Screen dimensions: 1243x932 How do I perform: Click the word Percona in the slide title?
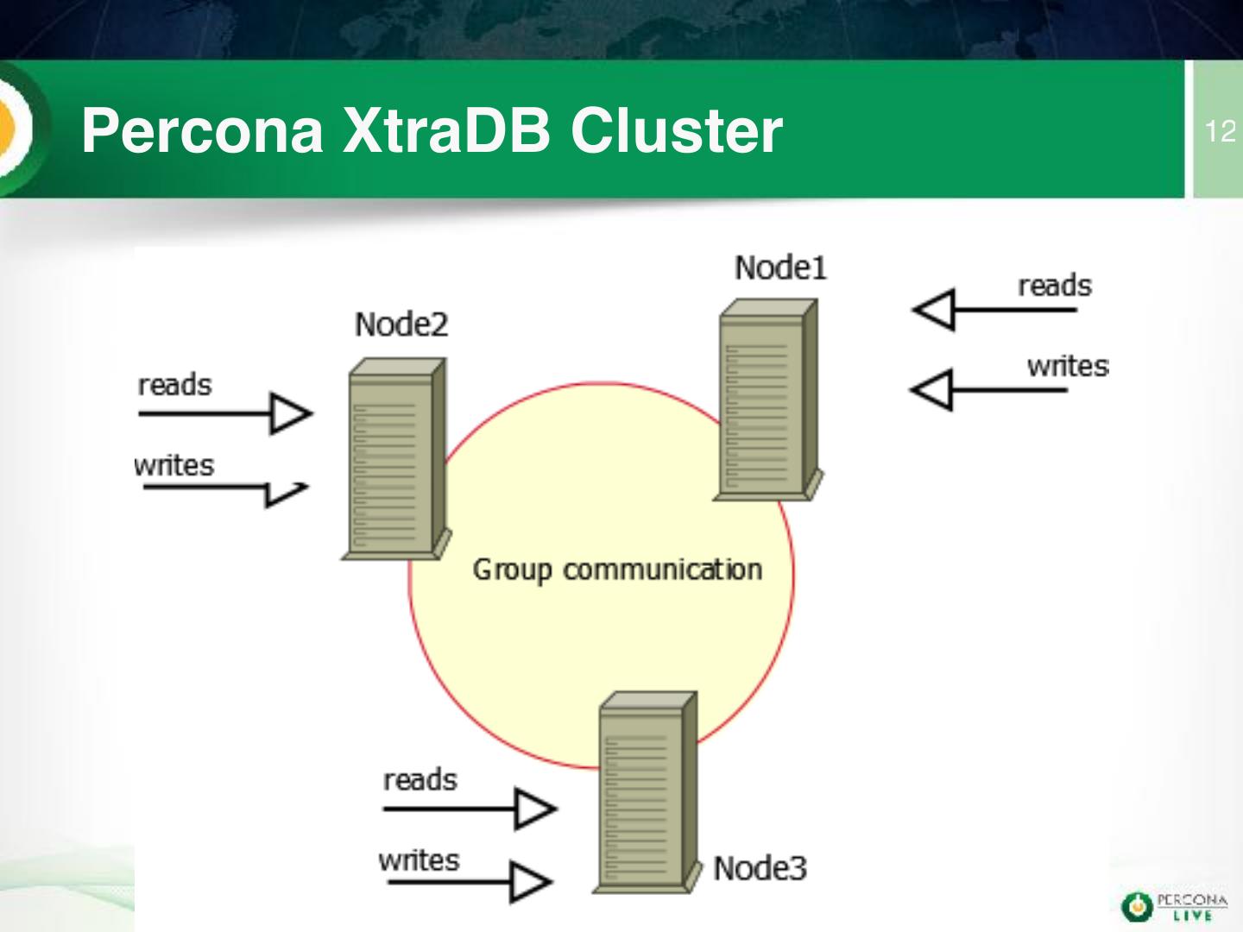[202, 131]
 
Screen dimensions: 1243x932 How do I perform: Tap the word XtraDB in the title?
[446, 131]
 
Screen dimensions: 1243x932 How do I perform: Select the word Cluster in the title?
[677, 131]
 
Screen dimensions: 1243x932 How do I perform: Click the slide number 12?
[1220, 132]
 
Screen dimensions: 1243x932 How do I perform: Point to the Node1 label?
[781, 268]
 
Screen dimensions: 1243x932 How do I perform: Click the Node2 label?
[401, 324]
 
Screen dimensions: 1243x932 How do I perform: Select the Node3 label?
[760, 868]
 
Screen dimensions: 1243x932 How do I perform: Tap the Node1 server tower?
[768, 400]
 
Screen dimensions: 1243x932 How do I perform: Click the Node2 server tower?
[396, 458]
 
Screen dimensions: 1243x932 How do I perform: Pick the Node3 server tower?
[647, 792]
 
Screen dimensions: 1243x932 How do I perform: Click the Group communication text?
[618, 570]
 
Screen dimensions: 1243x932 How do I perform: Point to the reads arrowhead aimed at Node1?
[934, 310]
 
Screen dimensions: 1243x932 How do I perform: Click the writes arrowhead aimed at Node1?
[932, 390]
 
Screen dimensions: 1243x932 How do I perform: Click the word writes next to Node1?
[1068, 366]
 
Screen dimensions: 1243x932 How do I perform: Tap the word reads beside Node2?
[175, 385]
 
